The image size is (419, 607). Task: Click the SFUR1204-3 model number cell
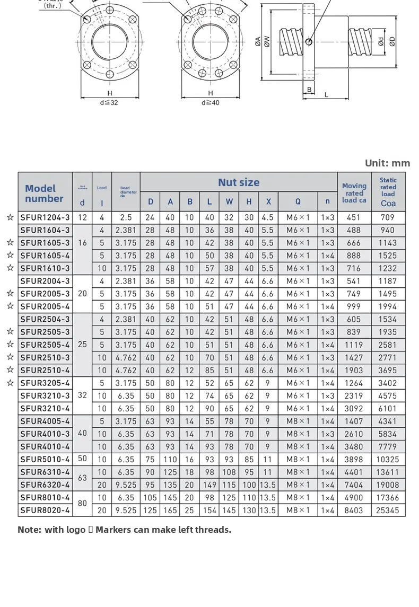(45, 217)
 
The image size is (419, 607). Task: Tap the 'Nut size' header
(239, 182)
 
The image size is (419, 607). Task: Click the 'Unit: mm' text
(387, 163)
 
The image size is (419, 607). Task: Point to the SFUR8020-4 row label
(45, 511)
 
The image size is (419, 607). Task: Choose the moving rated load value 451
(354, 217)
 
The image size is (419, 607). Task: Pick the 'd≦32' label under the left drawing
(109, 102)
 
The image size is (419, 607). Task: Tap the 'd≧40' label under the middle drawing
(210, 102)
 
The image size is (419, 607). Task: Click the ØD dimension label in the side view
(392, 41)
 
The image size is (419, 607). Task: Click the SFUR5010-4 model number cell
(45, 459)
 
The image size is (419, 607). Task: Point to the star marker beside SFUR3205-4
(10, 383)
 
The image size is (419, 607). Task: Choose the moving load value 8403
(354, 511)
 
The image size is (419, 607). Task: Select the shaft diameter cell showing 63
(82, 478)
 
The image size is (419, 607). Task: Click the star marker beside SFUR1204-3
(10, 217)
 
